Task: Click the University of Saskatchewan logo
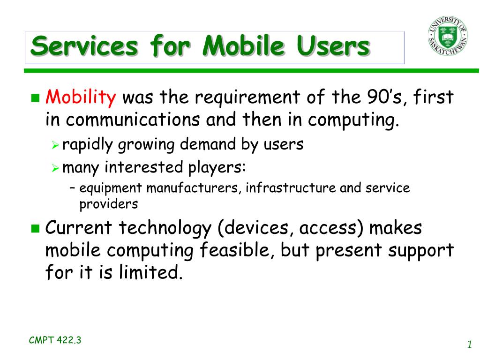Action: [x=448, y=36]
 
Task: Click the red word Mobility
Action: [x=81, y=97]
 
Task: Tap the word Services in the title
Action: [x=84, y=46]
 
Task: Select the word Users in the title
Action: [x=333, y=46]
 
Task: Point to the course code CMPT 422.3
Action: [x=55, y=340]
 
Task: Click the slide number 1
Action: [x=470, y=345]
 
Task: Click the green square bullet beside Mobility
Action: [x=36, y=98]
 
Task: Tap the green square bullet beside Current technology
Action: [x=36, y=228]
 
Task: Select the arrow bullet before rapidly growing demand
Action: [x=55, y=145]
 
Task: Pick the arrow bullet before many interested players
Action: [x=55, y=168]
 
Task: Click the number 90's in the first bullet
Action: [x=387, y=97]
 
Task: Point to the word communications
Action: [x=133, y=120]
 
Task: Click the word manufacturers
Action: [x=192, y=188]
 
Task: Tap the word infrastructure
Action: [x=291, y=187]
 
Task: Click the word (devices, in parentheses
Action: [x=253, y=228]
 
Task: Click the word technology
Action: [x=165, y=229]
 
